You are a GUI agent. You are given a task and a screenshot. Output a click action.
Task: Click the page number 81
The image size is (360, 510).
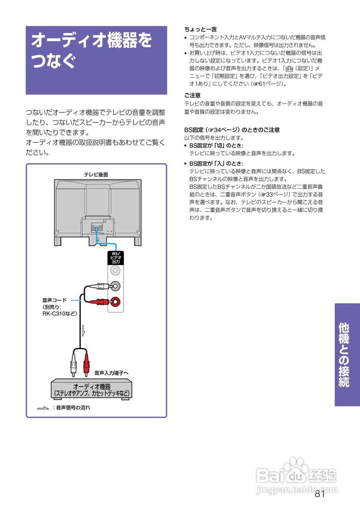point(320,494)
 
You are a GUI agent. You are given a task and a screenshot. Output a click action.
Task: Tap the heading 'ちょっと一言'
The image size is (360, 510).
point(200,29)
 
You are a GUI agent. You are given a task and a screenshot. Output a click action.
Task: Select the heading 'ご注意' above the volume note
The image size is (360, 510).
point(192,96)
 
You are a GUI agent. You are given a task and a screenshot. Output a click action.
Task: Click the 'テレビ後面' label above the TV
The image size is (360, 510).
point(96,175)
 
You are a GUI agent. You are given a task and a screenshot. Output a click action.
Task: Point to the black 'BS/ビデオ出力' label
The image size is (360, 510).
point(116,258)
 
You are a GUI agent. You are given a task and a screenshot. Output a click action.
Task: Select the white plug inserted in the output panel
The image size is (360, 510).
point(100,286)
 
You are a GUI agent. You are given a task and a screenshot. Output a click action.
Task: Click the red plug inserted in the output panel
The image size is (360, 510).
point(100,302)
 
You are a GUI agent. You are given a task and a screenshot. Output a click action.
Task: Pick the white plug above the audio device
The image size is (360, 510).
point(72,363)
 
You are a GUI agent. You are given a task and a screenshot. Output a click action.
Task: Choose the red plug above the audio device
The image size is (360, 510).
point(85,363)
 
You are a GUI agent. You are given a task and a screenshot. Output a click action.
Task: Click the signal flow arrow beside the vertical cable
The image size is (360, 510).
point(83,330)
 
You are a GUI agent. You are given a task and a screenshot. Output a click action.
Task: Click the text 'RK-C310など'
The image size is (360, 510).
point(60,314)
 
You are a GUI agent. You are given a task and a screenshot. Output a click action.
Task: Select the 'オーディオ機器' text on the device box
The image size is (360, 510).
point(92,386)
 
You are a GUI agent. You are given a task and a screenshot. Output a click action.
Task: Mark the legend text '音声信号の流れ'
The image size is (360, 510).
point(73,408)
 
